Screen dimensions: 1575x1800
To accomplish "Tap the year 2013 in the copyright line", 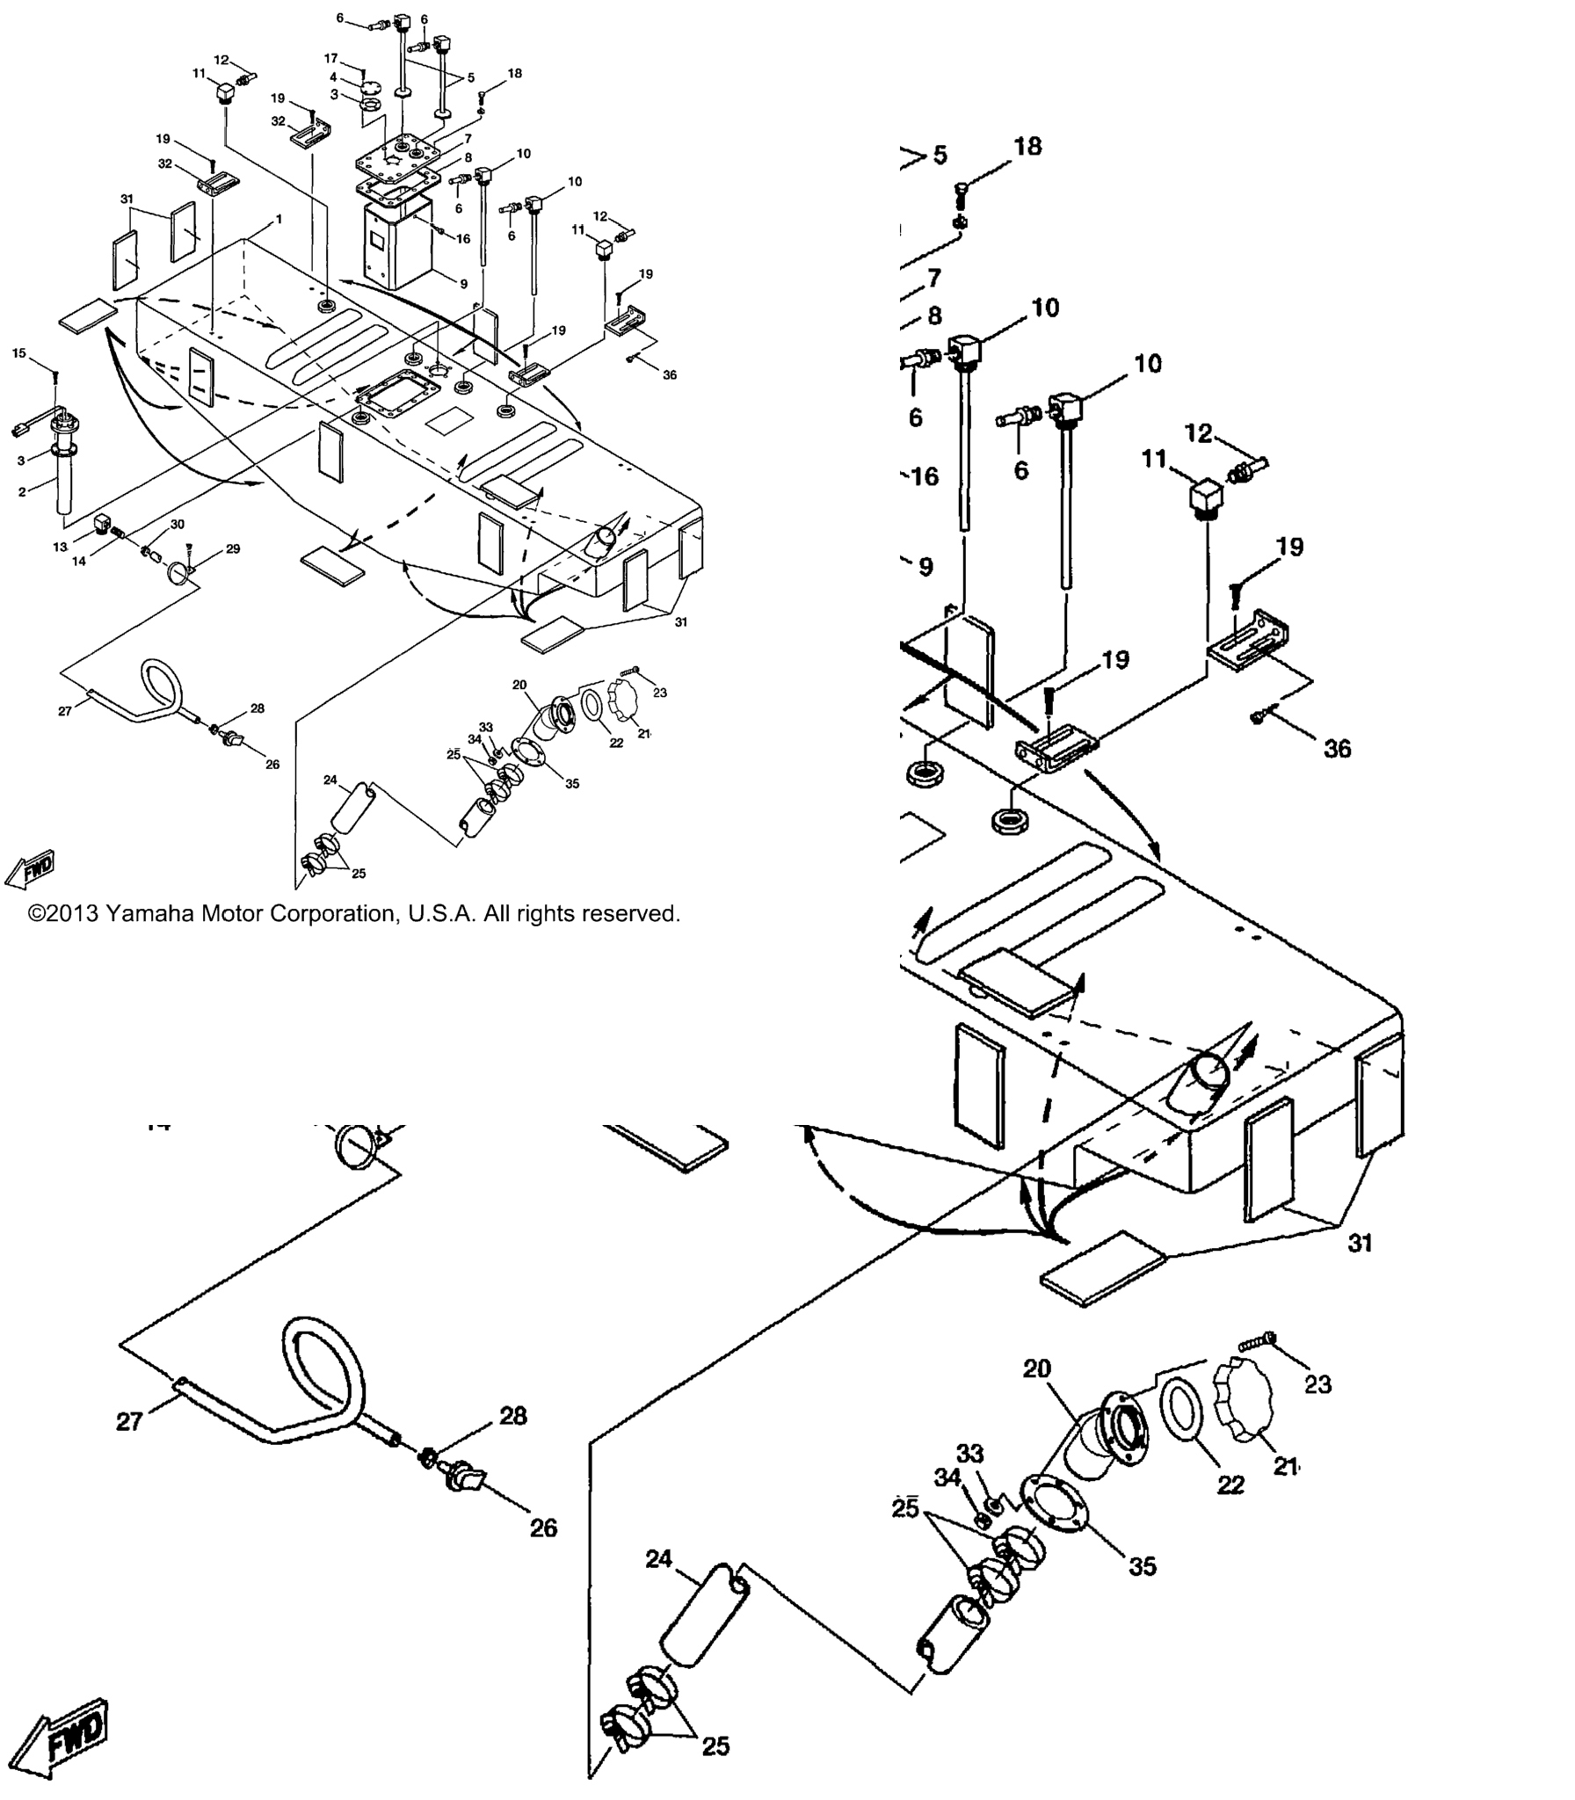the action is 74,914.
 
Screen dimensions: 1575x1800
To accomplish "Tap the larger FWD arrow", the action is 59,1736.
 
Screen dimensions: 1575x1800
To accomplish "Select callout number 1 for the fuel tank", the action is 279,219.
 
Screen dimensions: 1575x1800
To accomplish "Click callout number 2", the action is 22,492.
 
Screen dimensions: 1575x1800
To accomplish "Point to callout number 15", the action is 19,353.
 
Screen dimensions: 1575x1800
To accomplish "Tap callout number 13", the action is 60,547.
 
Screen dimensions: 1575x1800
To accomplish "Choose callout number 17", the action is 330,59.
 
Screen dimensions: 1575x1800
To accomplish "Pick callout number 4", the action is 333,77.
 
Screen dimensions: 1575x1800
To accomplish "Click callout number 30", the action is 178,525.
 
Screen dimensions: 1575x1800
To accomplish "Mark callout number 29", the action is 233,549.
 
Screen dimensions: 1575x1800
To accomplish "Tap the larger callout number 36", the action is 1338,748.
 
